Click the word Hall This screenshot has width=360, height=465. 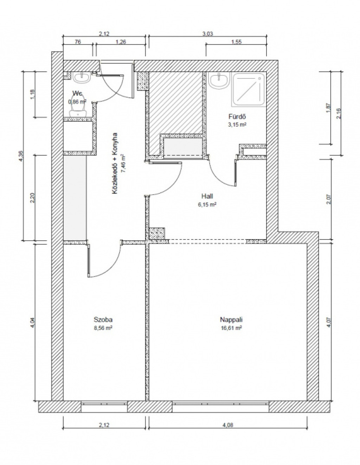coord(207,196)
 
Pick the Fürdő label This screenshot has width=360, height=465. coord(237,117)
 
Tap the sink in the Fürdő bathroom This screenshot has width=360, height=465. coord(219,81)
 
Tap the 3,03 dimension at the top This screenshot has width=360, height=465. coord(207,34)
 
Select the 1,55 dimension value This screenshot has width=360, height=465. coord(236,42)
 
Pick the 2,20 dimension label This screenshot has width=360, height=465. coord(32,198)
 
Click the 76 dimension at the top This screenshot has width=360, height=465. coord(78,42)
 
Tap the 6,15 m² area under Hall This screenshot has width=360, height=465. coord(207,205)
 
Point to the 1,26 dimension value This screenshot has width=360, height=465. coord(121,42)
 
